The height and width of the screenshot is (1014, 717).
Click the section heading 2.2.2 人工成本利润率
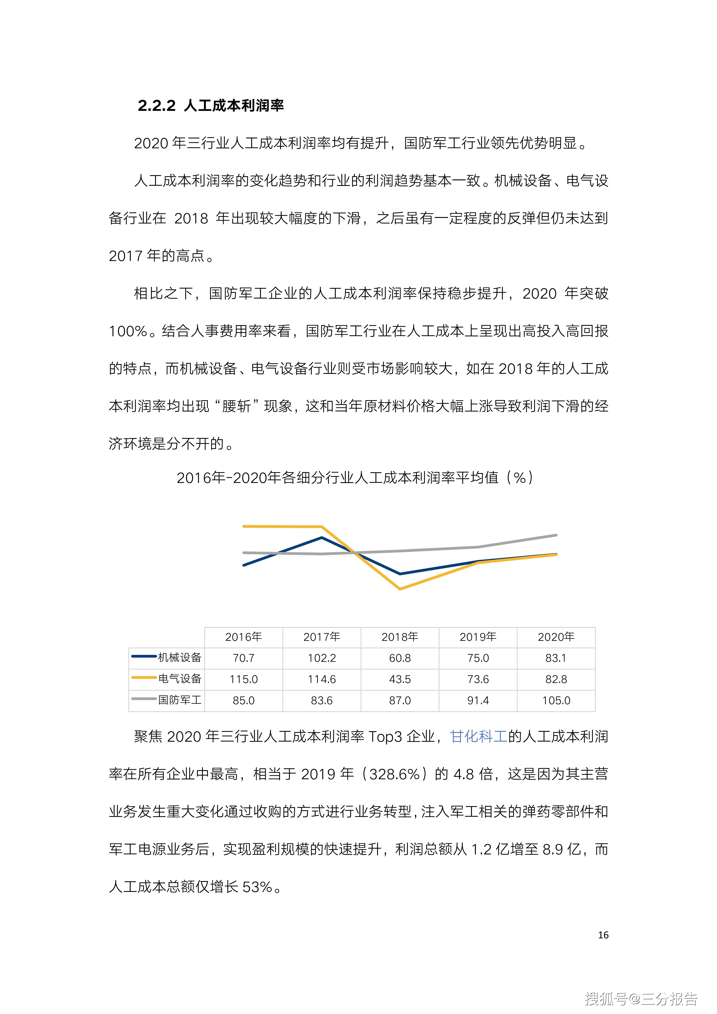click(x=211, y=106)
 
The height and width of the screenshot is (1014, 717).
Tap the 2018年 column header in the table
click(x=400, y=637)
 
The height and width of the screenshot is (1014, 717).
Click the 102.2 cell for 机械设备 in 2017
click(x=322, y=658)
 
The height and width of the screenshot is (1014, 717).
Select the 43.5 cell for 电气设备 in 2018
click(x=400, y=679)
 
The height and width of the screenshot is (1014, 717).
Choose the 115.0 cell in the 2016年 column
click(x=243, y=679)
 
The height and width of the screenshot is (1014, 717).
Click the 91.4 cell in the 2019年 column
click(x=478, y=700)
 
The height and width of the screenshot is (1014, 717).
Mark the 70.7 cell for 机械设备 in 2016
click(x=243, y=658)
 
